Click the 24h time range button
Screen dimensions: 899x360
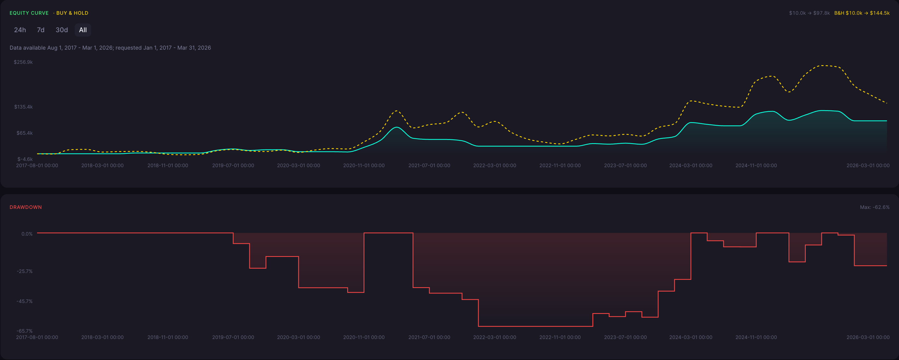pos(20,30)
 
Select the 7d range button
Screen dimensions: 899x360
pos(40,30)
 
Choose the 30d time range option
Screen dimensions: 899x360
pos(62,30)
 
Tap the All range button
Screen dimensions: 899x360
pos(83,30)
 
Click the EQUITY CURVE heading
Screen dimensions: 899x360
pos(29,13)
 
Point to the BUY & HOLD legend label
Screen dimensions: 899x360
pos(72,13)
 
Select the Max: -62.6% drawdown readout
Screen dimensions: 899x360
pos(874,207)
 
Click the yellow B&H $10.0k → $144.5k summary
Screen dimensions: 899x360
pos(862,13)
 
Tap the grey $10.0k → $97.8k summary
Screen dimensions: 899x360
pos(809,13)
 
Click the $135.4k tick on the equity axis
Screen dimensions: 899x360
pos(23,107)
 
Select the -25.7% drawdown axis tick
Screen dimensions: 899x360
pos(25,271)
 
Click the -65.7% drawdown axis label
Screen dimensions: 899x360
pos(25,331)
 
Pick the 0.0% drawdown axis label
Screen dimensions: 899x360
pos(27,234)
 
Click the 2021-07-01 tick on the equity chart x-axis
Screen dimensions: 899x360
pos(429,165)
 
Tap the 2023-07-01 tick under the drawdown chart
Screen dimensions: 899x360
pos(625,337)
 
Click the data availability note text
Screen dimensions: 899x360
pos(110,48)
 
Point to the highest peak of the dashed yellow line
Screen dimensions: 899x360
pos(823,65)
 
